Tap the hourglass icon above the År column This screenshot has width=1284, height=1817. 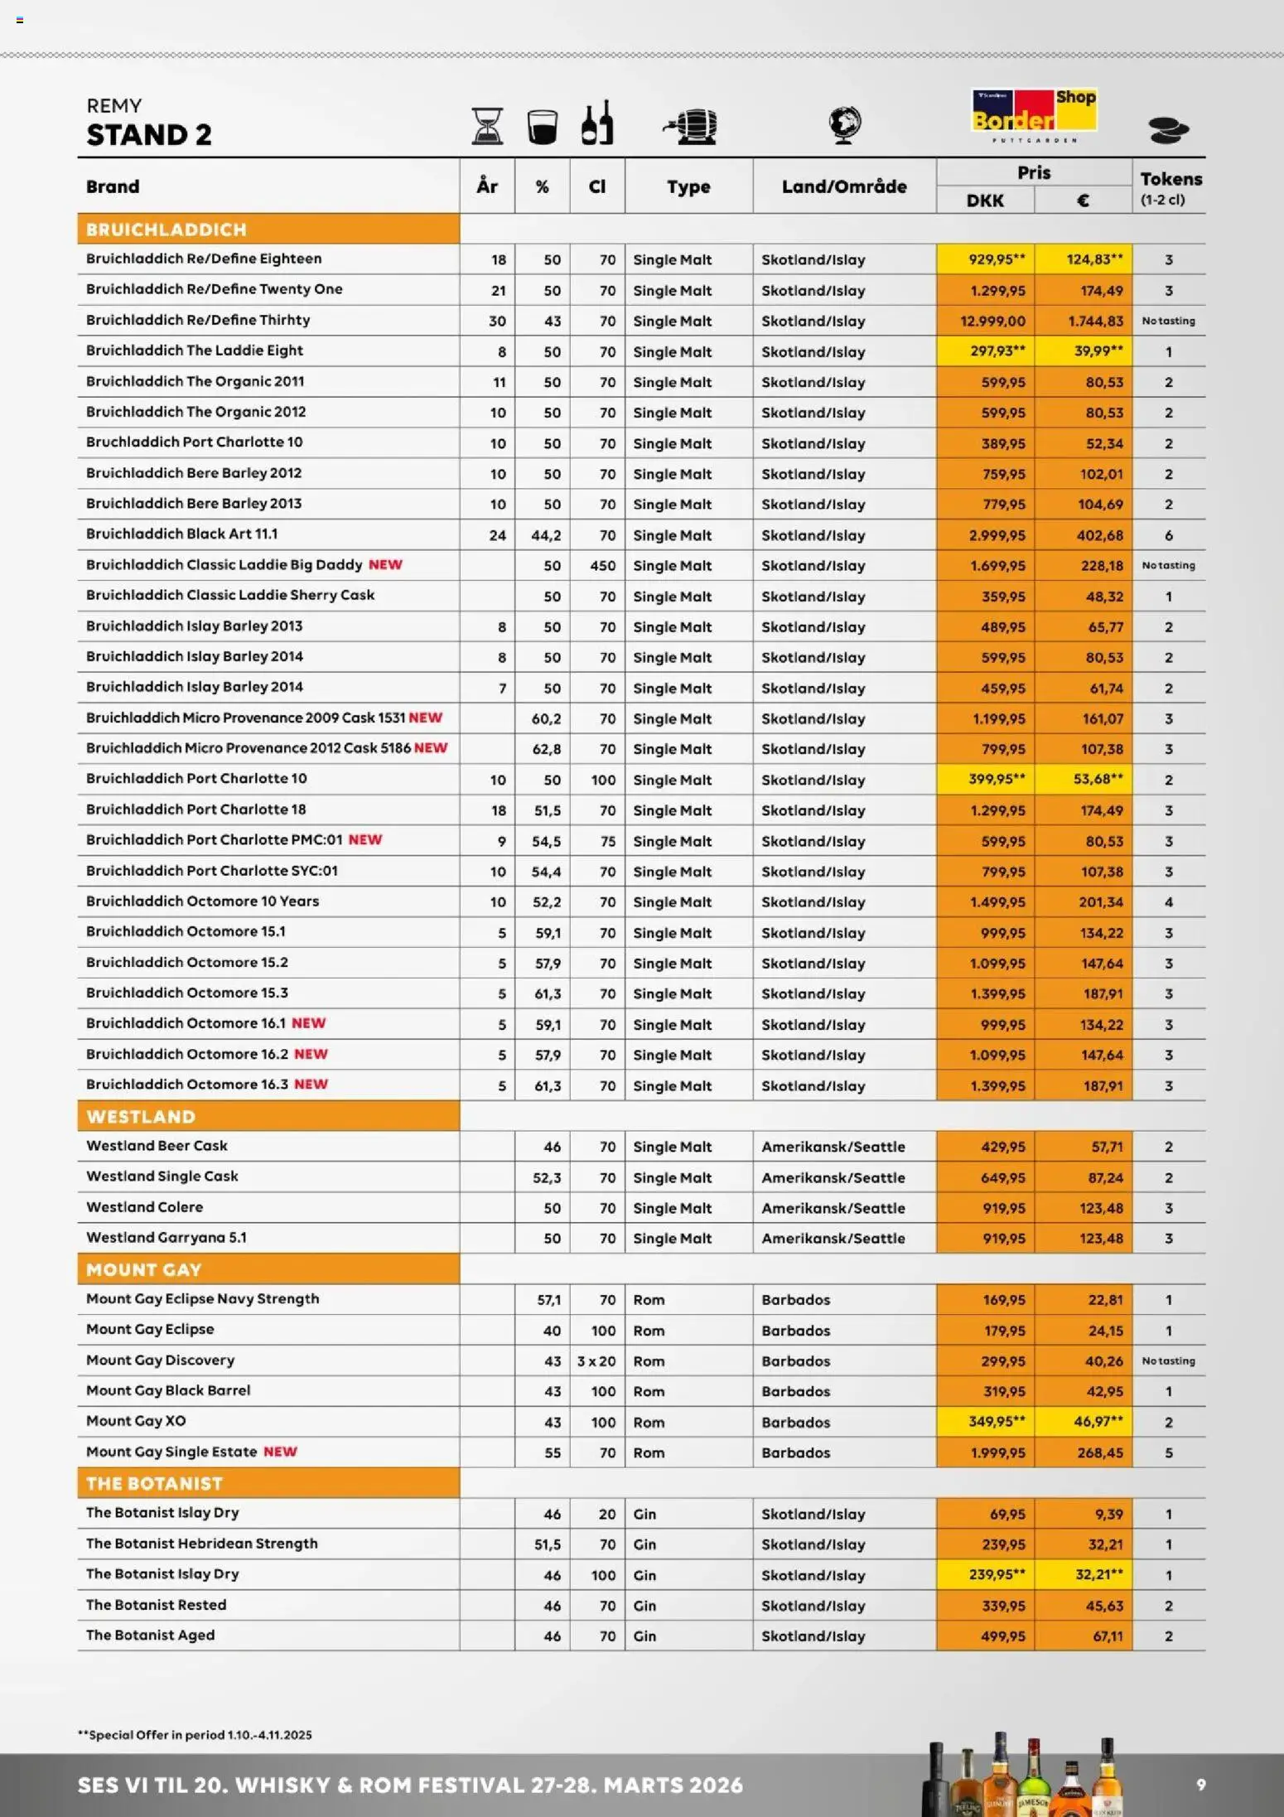(487, 126)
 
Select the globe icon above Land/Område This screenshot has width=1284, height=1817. (844, 124)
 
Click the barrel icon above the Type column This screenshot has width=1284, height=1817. (691, 126)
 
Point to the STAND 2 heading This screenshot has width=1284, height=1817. (149, 134)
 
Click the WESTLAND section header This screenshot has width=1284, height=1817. (141, 1116)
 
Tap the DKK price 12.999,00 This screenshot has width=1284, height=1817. (992, 321)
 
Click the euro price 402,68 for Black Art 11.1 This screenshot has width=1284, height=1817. (1099, 535)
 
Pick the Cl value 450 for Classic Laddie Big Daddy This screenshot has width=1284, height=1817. (602, 566)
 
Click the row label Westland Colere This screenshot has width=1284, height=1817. (144, 1207)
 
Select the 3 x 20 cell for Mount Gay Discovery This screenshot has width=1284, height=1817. (596, 1361)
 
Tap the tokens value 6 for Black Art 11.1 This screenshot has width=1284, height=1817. (1168, 535)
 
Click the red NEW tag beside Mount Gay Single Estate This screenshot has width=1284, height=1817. (280, 1452)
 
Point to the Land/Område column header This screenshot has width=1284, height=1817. (843, 186)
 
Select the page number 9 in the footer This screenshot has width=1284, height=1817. (1200, 1785)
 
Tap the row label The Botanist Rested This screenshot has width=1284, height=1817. (156, 1605)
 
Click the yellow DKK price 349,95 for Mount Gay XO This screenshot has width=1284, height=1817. (996, 1422)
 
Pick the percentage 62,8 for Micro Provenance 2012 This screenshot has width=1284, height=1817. (546, 749)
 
